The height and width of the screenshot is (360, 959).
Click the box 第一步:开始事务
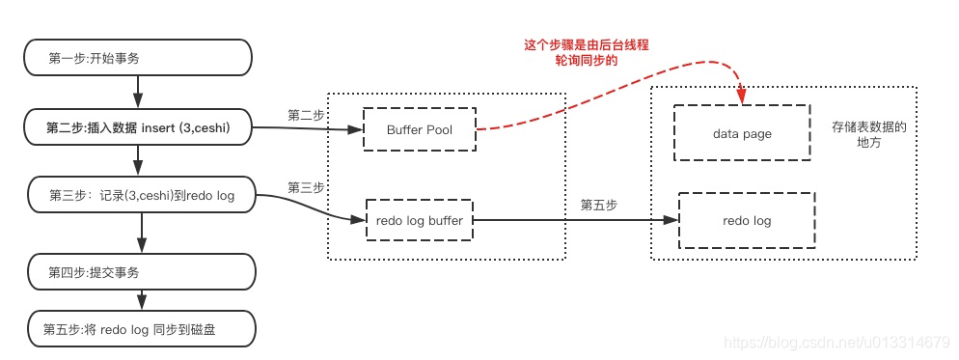click(x=138, y=58)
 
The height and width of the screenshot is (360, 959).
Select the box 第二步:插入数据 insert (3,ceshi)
click(x=138, y=126)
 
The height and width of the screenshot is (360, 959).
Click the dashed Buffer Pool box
click(x=420, y=128)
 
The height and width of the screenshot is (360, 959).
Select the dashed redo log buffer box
click(x=420, y=221)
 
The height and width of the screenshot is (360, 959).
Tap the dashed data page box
click(x=742, y=133)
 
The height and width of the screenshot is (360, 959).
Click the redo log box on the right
click(x=747, y=221)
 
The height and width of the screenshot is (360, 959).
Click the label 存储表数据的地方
click(x=868, y=134)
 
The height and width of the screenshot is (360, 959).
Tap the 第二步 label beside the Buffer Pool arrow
click(x=305, y=115)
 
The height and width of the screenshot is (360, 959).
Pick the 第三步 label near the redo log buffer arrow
click(x=305, y=186)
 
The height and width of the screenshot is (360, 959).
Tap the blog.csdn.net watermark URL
click(x=838, y=343)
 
